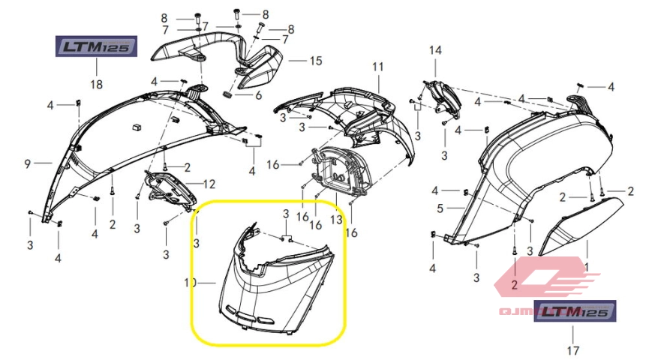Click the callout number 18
click(x=96, y=84)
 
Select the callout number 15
click(x=315, y=61)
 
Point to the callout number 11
click(x=377, y=67)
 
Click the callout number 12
click(x=209, y=183)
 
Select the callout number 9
click(x=26, y=163)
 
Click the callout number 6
click(x=258, y=95)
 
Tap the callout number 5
click(x=442, y=208)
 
